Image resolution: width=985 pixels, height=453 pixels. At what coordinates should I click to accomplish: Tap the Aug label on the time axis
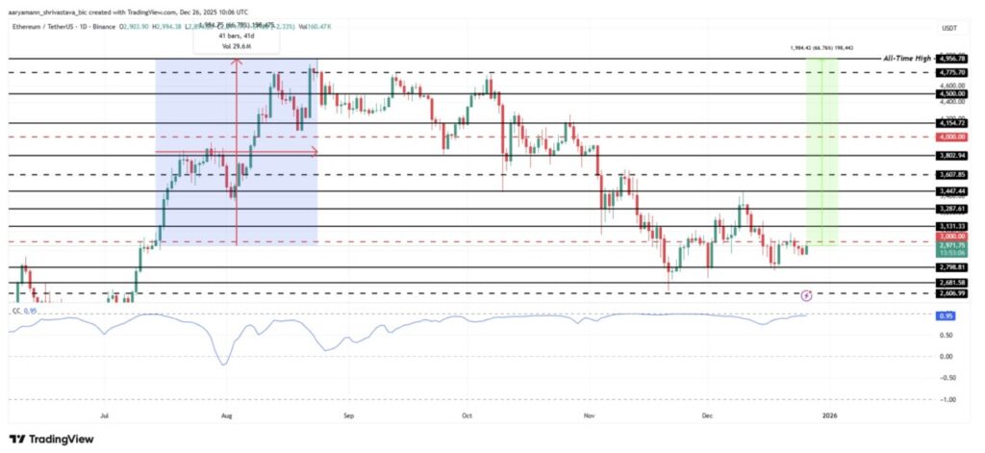pyautogui.click(x=227, y=417)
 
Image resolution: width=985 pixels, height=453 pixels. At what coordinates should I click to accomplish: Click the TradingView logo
pyautogui.click(x=52, y=439)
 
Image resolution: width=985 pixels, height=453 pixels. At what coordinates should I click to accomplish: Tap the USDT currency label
pyautogui.click(x=950, y=29)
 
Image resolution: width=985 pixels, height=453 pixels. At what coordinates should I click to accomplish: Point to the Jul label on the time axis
pyautogui.click(x=104, y=417)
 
